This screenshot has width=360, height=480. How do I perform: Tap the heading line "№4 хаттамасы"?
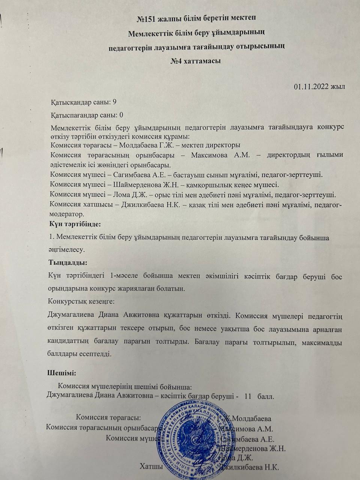195,60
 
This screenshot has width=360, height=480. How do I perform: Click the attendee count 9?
115,102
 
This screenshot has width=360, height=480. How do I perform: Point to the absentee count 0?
121,115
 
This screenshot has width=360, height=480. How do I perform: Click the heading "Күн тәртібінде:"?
75,224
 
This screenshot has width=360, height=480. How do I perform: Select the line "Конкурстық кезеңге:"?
81,301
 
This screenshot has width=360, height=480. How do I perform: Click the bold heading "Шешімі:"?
62,373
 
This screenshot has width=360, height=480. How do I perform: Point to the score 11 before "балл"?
248,396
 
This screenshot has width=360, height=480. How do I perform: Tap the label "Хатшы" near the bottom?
151,466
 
